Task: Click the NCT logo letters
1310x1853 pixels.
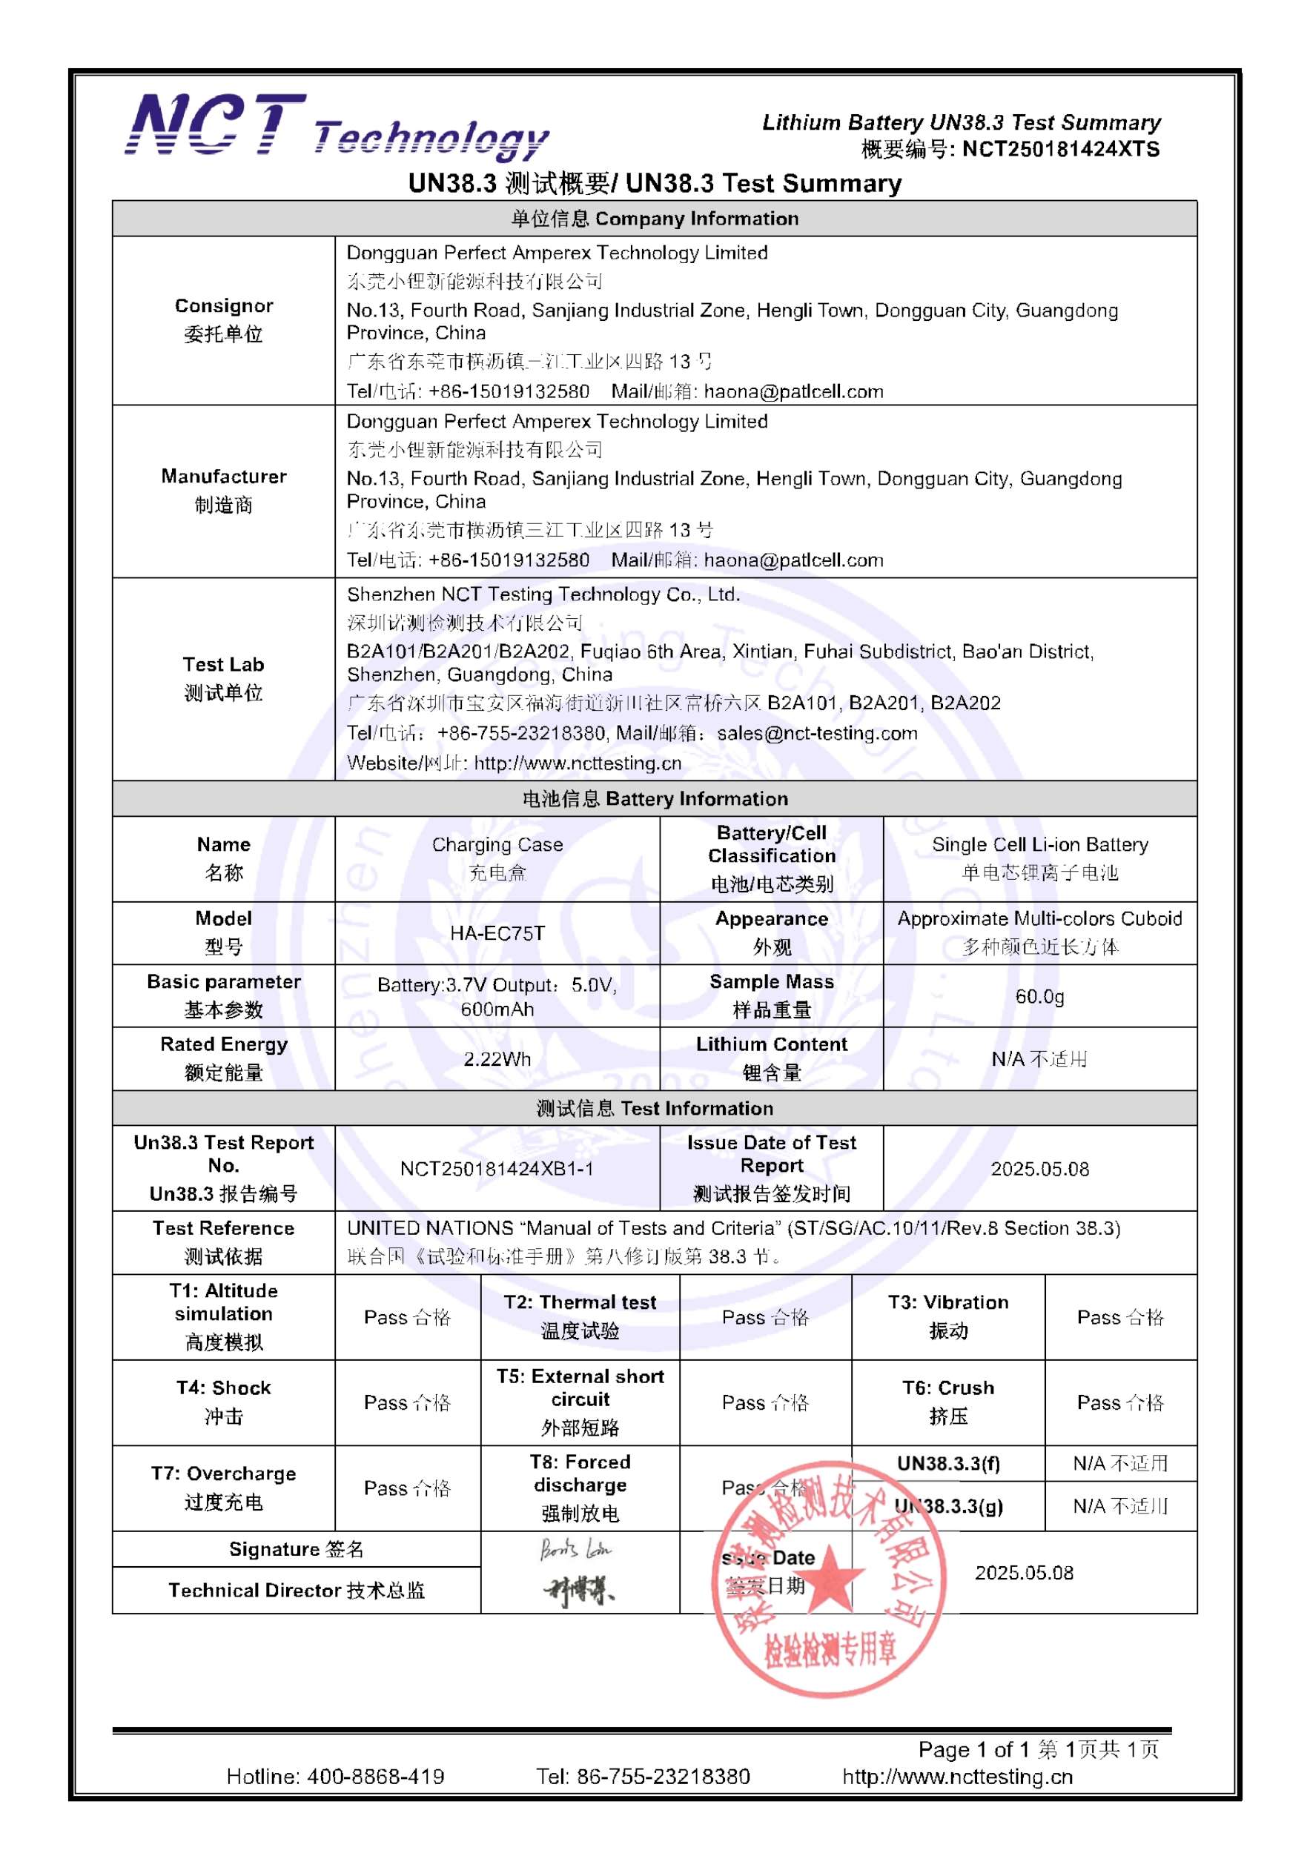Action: (x=216, y=126)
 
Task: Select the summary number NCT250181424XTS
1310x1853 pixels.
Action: (x=1061, y=149)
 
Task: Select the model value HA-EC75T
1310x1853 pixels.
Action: (x=497, y=933)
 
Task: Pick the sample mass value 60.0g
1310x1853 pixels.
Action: (x=1039, y=996)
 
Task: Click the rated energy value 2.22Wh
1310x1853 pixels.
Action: (x=497, y=1059)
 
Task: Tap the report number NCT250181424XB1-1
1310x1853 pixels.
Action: (x=497, y=1169)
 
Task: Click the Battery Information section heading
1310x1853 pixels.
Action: (x=655, y=799)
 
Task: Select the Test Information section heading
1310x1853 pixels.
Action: (x=655, y=1108)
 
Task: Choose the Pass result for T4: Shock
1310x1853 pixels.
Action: (x=407, y=1402)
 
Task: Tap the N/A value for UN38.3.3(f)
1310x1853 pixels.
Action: (x=1120, y=1463)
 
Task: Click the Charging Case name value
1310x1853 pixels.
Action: (x=497, y=845)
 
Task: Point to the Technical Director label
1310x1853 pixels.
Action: (x=297, y=1590)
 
